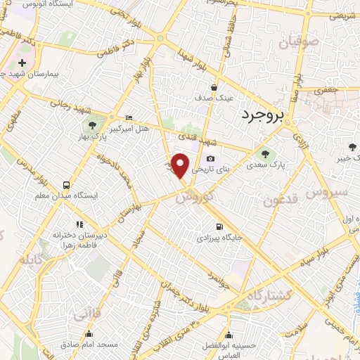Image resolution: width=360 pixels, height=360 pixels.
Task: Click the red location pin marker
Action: click(x=181, y=165)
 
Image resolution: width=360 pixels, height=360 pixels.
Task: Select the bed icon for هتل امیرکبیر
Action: click(x=127, y=118)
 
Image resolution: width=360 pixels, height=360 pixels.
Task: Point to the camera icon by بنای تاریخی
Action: click(x=211, y=160)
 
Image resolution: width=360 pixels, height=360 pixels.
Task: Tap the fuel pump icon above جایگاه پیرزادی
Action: click(x=220, y=226)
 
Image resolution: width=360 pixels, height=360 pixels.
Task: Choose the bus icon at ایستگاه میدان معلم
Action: click(x=65, y=186)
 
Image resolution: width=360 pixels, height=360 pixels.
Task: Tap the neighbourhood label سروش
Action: click(x=327, y=192)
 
